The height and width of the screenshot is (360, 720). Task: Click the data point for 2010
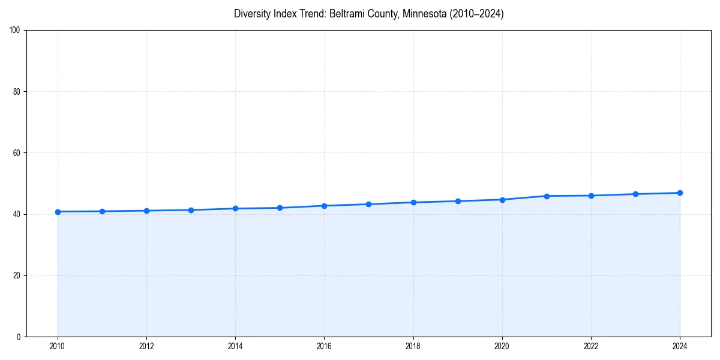(x=58, y=212)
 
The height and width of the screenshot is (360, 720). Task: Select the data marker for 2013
(x=191, y=210)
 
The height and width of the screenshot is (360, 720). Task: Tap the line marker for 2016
(x=324, y=206)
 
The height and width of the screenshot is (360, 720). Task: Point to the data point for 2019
(x=458, y=201)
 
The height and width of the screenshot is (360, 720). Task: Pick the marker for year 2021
(x=547, y=196)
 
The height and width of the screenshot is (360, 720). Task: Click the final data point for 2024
(x=680, y=193)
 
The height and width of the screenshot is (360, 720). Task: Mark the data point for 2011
(x=102, y=211)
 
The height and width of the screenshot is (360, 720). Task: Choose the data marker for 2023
(x=635, y=194)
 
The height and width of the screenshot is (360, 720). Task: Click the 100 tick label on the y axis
(x=15, y=31)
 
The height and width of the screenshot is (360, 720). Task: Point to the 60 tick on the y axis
(x=17, y=153)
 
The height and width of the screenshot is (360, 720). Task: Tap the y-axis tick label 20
(x=17, y=275)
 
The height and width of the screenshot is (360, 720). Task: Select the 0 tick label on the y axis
(x=19, y=337)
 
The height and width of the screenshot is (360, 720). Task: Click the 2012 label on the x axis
(x=146, y=346)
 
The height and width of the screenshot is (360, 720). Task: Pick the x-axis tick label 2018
(x=413, y=346)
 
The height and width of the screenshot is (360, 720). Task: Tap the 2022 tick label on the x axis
(x=591, y=346)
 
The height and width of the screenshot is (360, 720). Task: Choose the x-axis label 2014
(x=235, y=346)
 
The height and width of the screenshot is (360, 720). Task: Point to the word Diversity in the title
(x=251, y=14)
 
